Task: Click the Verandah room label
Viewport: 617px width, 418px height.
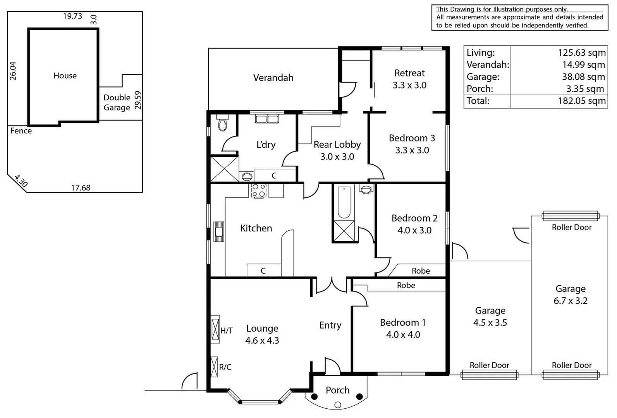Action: [273, 78]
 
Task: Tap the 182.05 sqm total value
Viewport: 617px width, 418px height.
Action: [581, 101]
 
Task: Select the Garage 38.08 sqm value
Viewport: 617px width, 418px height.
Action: [583, 77]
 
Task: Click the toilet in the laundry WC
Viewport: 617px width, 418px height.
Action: [222, 124]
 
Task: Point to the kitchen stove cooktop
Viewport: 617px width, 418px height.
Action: [259, 191]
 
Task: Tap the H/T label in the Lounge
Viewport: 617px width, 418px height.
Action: [227, 331]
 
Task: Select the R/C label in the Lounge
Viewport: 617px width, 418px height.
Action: [225, 367]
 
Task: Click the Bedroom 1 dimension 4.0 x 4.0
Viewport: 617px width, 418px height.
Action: [403, 335]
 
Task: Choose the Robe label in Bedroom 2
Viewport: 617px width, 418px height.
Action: [421, 271]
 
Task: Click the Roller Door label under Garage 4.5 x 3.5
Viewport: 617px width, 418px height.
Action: [489, 365]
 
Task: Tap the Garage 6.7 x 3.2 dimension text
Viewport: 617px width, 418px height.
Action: [570, 301]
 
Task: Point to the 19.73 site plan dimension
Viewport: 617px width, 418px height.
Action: [73, 16]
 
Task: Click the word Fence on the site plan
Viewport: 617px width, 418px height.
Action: [21, 131]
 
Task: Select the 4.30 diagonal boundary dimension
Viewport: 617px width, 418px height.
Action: [21, 181]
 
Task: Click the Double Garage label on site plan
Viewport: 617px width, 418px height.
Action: [117, 103]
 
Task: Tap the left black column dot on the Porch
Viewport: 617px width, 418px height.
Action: [315, 397]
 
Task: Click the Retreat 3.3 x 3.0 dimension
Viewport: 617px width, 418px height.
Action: [409, 85]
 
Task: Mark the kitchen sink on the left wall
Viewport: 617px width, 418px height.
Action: [219, 231]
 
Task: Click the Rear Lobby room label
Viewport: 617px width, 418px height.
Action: [337, 144]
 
